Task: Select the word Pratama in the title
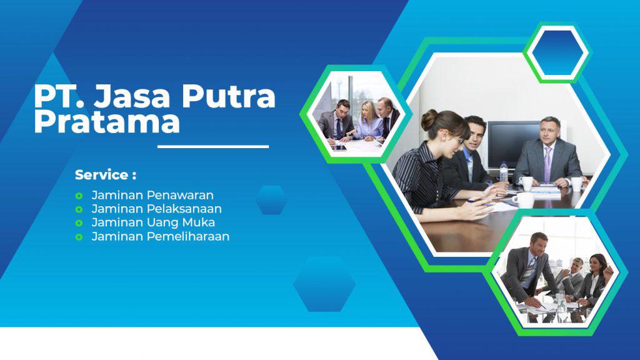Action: pyautogui.click(x=106, y=122)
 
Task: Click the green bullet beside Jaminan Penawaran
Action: pyautogui.click(x=79, y=196)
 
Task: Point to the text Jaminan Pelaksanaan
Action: pyautogui.click(x=156, y=209)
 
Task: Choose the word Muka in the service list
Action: pyautogui.click(x=198, y=222)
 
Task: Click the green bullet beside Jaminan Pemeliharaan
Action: pyautogui.click(x=79, y=237)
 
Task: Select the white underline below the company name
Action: pyautogui.click(x=212, y=147)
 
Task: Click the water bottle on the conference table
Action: pyautogui.click(x=504, y=173)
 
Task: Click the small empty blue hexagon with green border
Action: pyautogui.click(x=556, y=53)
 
